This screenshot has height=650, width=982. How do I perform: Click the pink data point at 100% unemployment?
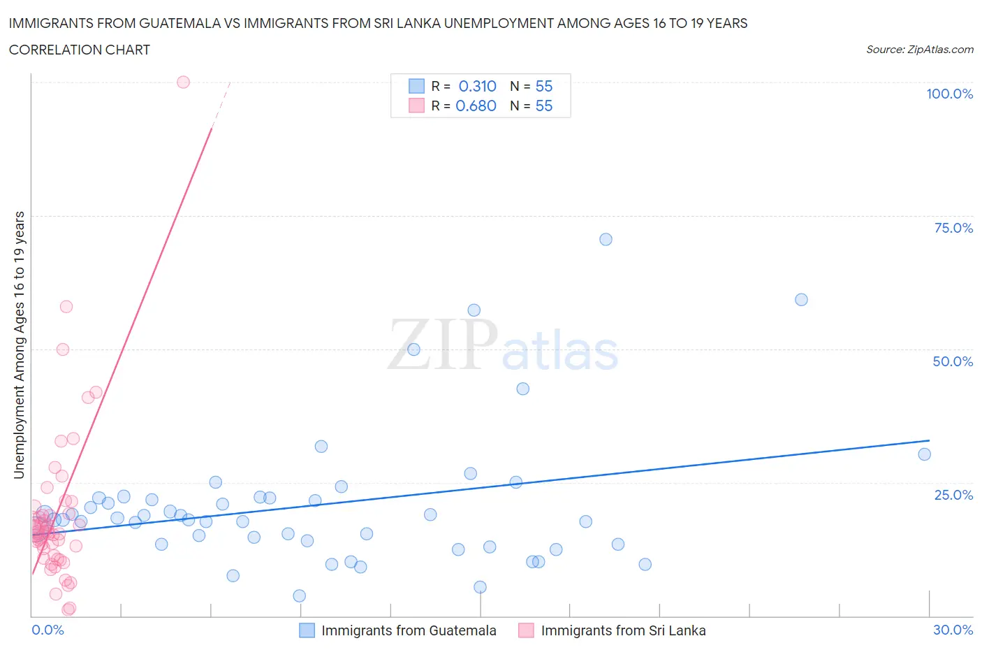(x=183, y=82)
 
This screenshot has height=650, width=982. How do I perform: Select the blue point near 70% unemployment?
(x=606, y=239)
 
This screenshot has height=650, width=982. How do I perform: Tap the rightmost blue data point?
(x=924, y=454)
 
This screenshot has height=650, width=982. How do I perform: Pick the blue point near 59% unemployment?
(x=801, y=300)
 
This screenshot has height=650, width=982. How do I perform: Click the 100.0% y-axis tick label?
(x=949, y=94)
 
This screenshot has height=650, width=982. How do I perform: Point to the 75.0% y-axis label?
(x=953, y=228)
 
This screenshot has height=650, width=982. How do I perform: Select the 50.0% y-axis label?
(x=953, y=361)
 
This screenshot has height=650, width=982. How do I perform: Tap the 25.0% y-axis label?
(x=953, y=495)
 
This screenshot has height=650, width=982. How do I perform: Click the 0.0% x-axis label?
(x=48, y=630)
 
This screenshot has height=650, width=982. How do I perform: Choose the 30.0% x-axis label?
(x=953, y=630)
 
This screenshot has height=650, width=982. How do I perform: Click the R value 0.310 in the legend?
(x=477, y=86)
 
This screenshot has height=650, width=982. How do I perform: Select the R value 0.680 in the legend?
(x=476, y=106)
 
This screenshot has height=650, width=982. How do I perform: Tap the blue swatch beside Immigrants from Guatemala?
(x=307, y=630)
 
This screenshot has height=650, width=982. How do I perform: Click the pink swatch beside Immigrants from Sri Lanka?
(x=526, y=630)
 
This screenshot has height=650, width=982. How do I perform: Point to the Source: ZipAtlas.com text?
(x=919, y=49)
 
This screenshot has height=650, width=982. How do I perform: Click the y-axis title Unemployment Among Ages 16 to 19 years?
(x=19, y=345)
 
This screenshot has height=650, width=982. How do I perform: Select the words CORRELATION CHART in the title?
(x=80, y=50)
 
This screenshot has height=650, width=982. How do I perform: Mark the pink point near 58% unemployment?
(x=66, y=306)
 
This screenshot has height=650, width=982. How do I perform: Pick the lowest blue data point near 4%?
(x=299, y=595)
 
